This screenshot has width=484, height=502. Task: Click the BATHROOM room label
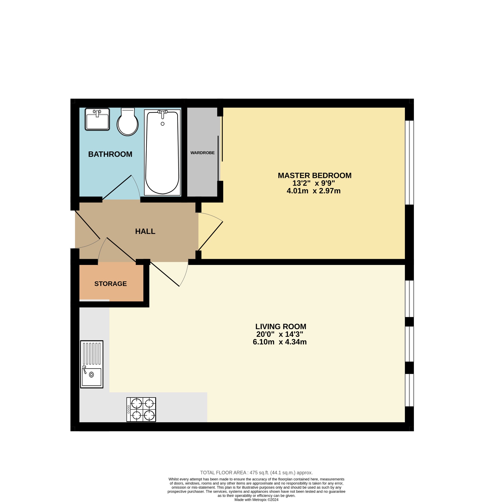(x=110, y=154)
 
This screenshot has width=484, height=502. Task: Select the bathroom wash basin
(x=97, y=120)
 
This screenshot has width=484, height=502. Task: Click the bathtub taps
(x=162, y=112)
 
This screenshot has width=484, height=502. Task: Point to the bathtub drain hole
(x=162, y=124)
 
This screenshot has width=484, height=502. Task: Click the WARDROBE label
(x=202, y=153)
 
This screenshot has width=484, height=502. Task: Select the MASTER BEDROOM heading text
(x=314, y=176)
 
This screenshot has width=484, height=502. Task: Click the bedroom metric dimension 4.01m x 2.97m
(x=313, y=191)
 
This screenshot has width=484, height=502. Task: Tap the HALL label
(x=145, y=232)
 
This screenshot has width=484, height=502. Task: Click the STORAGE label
(x=110, y=284)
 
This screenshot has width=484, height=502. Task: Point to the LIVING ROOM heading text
(x=281, y=327)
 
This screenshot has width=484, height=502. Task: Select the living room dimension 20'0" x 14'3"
(x=280, y=334)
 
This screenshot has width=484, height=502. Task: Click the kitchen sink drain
(x=91, y=375)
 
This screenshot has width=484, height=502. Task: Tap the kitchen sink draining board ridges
(x=92, y=354)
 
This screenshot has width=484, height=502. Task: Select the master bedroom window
(x=409, y=163)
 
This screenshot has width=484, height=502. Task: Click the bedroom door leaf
(x=211, y=236)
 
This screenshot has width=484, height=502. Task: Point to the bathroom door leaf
(x=117, y=187)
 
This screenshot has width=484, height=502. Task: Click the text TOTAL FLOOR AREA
(x=223, y=473)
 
